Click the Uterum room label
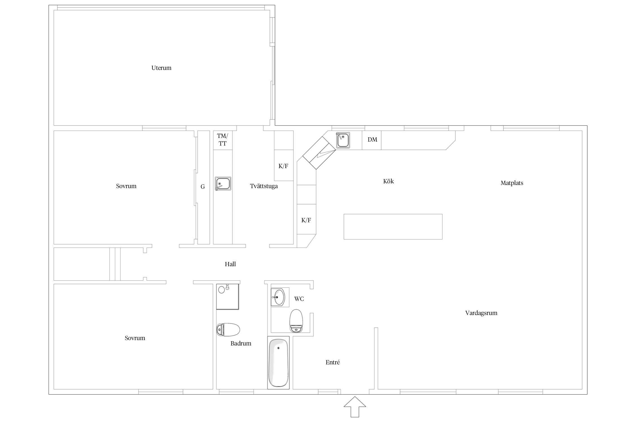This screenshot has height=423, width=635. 161,68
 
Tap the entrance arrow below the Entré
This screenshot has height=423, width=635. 355,407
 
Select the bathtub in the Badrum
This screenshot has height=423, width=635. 278,363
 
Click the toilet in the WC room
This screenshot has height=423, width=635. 296,321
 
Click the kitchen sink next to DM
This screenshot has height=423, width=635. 343,140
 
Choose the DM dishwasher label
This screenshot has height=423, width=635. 372,140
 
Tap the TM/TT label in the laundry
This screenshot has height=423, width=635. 222,140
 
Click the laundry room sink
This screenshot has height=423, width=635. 223,184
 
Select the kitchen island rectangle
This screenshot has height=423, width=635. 393,227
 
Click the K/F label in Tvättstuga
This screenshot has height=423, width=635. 283,166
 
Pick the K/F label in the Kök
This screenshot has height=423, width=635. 306,220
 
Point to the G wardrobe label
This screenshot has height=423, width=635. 203,187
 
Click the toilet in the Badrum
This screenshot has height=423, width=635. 228,330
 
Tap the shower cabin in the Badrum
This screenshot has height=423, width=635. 228,297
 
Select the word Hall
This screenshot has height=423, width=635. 230,264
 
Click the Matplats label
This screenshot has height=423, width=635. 512,183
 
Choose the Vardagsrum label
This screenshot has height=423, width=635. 481,313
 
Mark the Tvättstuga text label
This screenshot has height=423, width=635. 264,186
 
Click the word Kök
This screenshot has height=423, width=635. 388,181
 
